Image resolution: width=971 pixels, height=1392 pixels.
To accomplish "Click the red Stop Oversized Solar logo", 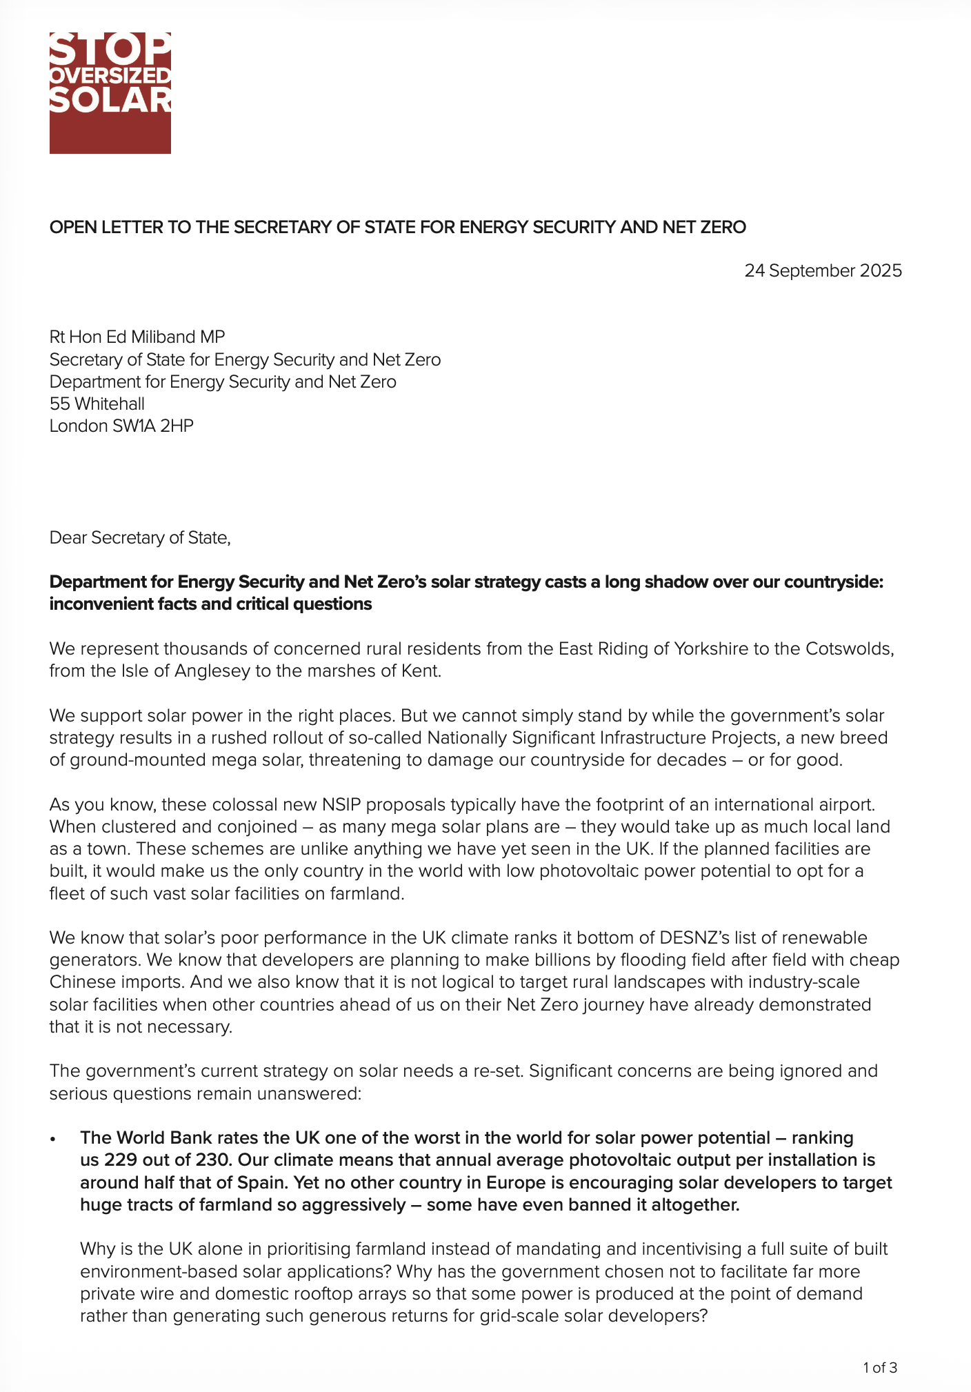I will click(x=110, y=92).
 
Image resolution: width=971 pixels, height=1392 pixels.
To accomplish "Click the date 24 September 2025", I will click(x=823, y=270).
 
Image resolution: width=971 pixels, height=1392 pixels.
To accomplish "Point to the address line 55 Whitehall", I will click(x=97, y=404).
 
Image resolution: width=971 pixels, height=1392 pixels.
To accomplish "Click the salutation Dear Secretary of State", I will click(x=139, y=537).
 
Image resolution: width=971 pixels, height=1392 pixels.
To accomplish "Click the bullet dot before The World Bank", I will click(x=52, y=1139).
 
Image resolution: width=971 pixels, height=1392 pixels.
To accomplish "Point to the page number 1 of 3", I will click(x=880, y=1368).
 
